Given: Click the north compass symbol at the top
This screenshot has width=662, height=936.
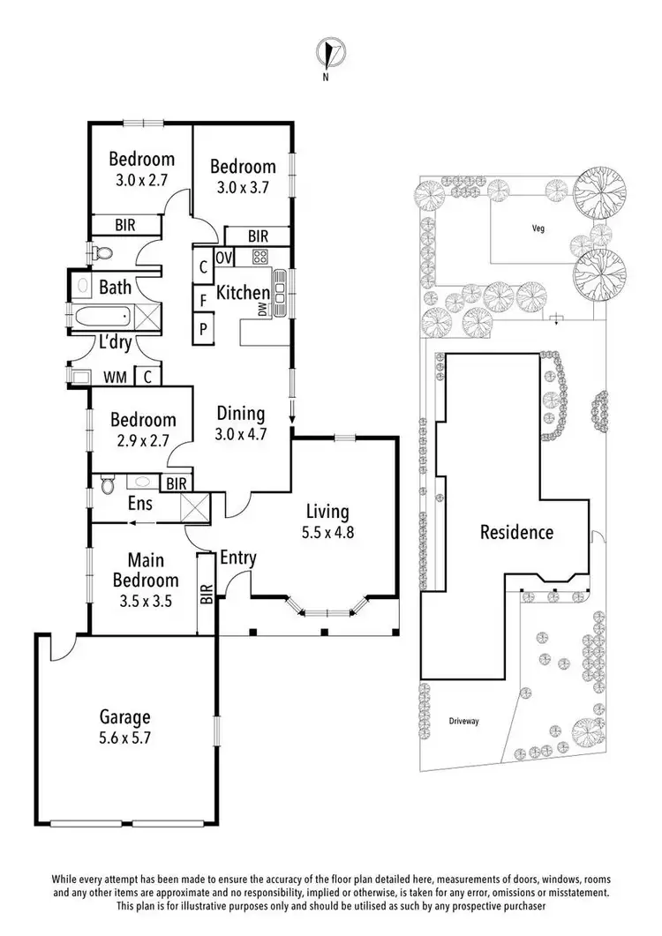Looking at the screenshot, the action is pos(332,54).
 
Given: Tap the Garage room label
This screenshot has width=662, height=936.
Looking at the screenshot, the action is pos(124,716).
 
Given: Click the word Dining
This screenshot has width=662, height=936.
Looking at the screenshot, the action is pos(241,413).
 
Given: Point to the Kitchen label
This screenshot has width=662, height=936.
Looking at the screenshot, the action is pos(243,293).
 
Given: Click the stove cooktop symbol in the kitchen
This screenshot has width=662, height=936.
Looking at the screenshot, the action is pos(260,258).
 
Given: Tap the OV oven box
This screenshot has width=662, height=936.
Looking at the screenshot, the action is pos(223,258).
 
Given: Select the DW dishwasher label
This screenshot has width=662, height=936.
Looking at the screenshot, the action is pos(262,309).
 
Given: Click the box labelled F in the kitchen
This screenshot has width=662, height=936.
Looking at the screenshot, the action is pos(202,300).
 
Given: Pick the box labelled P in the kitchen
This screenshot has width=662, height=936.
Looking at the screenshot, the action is pos(202,329).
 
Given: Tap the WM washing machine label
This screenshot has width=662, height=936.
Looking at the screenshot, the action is pos(115,378).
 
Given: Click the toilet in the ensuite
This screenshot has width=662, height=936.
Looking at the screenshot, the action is pos(108,484).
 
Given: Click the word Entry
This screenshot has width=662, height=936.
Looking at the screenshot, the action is pos(238,558).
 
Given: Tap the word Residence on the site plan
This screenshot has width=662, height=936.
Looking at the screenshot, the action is pos(516,532).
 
